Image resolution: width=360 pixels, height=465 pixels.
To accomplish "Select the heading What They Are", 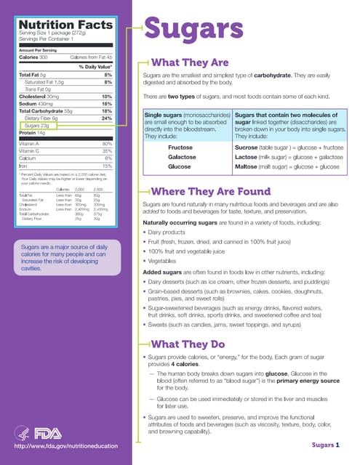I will click(x=189, y=62).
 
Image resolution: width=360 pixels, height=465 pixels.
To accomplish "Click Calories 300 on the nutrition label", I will click(x=33, y=56).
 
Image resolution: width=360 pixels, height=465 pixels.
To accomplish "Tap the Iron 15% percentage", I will click(x=107, y=166).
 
